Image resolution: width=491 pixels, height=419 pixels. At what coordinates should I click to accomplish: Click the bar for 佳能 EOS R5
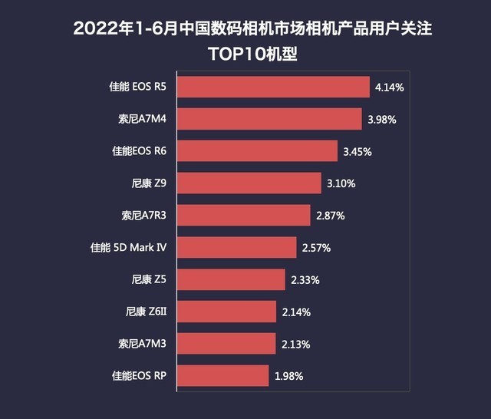(x=275, y=87)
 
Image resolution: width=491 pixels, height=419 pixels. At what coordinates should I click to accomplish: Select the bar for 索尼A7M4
(x=270, y=119)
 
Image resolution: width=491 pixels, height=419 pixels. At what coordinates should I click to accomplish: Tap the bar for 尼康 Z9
(x=250, y=183)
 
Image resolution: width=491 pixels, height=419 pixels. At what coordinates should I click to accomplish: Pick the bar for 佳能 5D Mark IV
(x=237, y=248)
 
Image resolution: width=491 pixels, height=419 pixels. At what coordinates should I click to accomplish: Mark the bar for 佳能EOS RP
(x=223, y=376)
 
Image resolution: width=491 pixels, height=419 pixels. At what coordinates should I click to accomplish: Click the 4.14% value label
(x=390, y=87)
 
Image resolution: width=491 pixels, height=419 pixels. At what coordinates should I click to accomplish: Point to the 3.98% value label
(x=381, y=120)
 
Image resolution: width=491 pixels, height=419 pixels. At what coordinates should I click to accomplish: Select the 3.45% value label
(x=357, y=152)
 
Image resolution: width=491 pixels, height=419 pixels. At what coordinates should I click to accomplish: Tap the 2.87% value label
(x=330, y=216)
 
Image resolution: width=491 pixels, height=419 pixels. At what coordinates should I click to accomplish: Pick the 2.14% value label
(x=295, y=312)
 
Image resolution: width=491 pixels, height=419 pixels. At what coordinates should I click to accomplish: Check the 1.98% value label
(x=289, y=377)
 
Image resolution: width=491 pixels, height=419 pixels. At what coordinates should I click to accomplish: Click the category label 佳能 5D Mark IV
(x=128, y=248)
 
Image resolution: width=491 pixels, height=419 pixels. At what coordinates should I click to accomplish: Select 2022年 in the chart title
(x=107, y=29)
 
